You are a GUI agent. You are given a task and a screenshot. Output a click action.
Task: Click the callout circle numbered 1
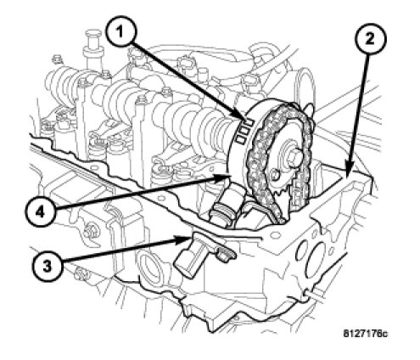(120, 31)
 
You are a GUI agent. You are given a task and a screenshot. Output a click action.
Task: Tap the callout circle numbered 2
(370, 39)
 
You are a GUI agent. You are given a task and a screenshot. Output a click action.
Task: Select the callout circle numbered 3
(48, 267)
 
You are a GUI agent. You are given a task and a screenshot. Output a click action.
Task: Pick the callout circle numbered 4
(41, 211)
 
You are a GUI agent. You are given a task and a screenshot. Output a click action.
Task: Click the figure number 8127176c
(365, 334)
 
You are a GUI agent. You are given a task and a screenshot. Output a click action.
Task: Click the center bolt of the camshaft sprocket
(294, 155)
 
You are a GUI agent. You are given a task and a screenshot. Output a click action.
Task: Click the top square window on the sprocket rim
(249, 122)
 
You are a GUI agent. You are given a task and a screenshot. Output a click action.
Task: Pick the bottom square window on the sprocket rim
(241, 139)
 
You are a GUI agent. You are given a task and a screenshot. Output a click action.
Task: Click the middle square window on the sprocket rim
(245, 131)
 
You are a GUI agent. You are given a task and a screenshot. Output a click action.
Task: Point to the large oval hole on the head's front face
(313, 259)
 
